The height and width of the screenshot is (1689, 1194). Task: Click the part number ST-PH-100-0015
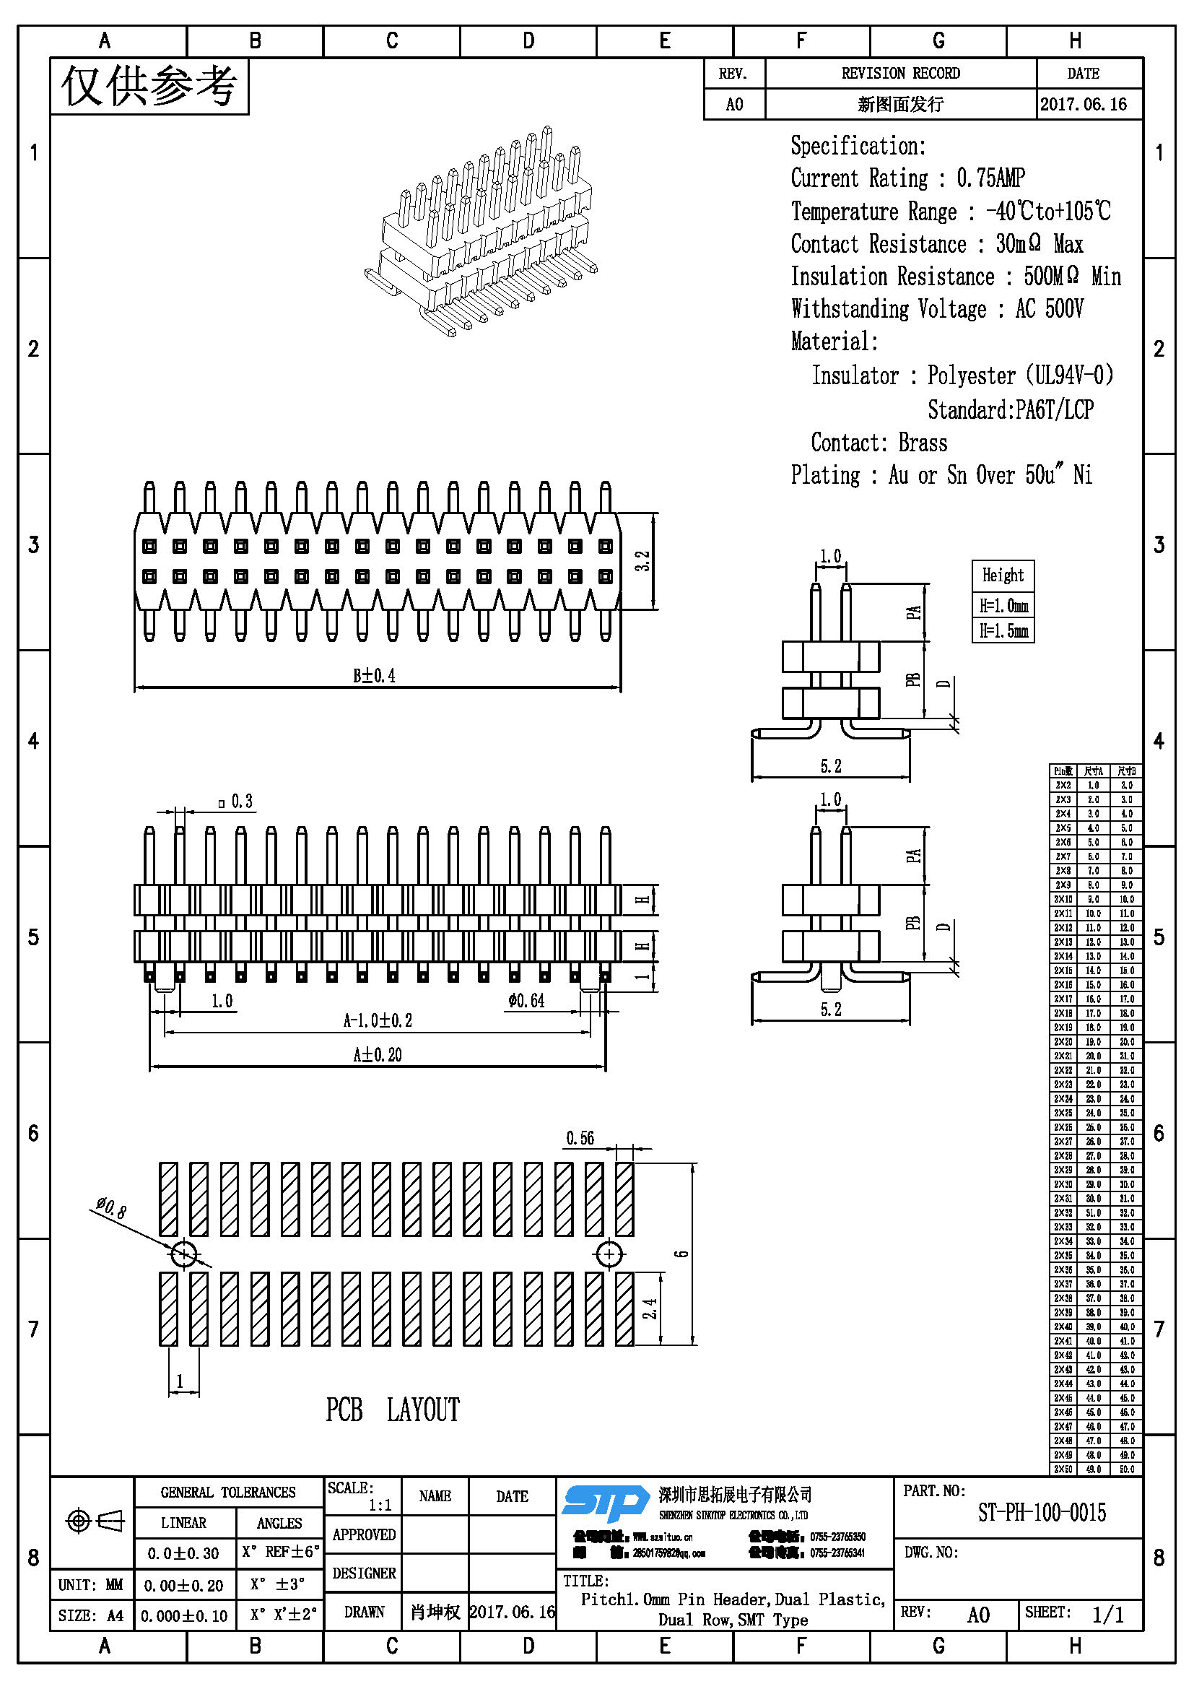pyautogui.click(x=1041, y=1513)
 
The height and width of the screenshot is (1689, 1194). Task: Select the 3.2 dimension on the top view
pyautogui.click(x=643, y=561)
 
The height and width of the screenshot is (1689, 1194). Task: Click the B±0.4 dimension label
pyautogui.click(x=374, y=675)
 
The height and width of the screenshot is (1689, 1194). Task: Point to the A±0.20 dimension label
pyautogui.click(x=377, y=1055)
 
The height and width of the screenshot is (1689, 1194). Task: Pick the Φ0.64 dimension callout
pyautogui.click(x=526, y=1000)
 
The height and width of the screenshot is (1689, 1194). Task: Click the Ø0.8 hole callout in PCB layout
pyautogui.click(x=111, y=1207)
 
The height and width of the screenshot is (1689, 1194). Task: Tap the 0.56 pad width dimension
pyautogui.click(x=580, y=1138)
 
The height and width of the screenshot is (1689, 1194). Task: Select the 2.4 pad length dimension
pyautogui.click(x=650, y=1308)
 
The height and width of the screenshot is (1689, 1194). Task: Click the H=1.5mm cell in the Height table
pyautogui.click(x=1003, y=631)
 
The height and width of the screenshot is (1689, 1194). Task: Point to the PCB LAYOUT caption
pyautogui.click(x=393, y=1410)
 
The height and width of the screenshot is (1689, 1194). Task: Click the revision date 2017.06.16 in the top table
pyautogui.click(x=1083, y=104)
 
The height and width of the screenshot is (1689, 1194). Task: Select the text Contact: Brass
pyautogui.click(x=879, y=443)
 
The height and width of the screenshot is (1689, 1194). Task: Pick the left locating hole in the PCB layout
pyautogui.click(x=183, y=1254)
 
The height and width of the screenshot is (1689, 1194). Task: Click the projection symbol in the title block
pyautogui.click(x=94, y=1521)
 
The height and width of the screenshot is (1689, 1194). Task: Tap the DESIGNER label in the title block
pyautogui.click(x=364, y=1573)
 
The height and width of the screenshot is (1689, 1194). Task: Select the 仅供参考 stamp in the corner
pyautogui.click(x=149, y=86)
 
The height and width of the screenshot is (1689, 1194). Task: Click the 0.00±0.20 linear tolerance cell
pyautogui.click(x=184, y=1585)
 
